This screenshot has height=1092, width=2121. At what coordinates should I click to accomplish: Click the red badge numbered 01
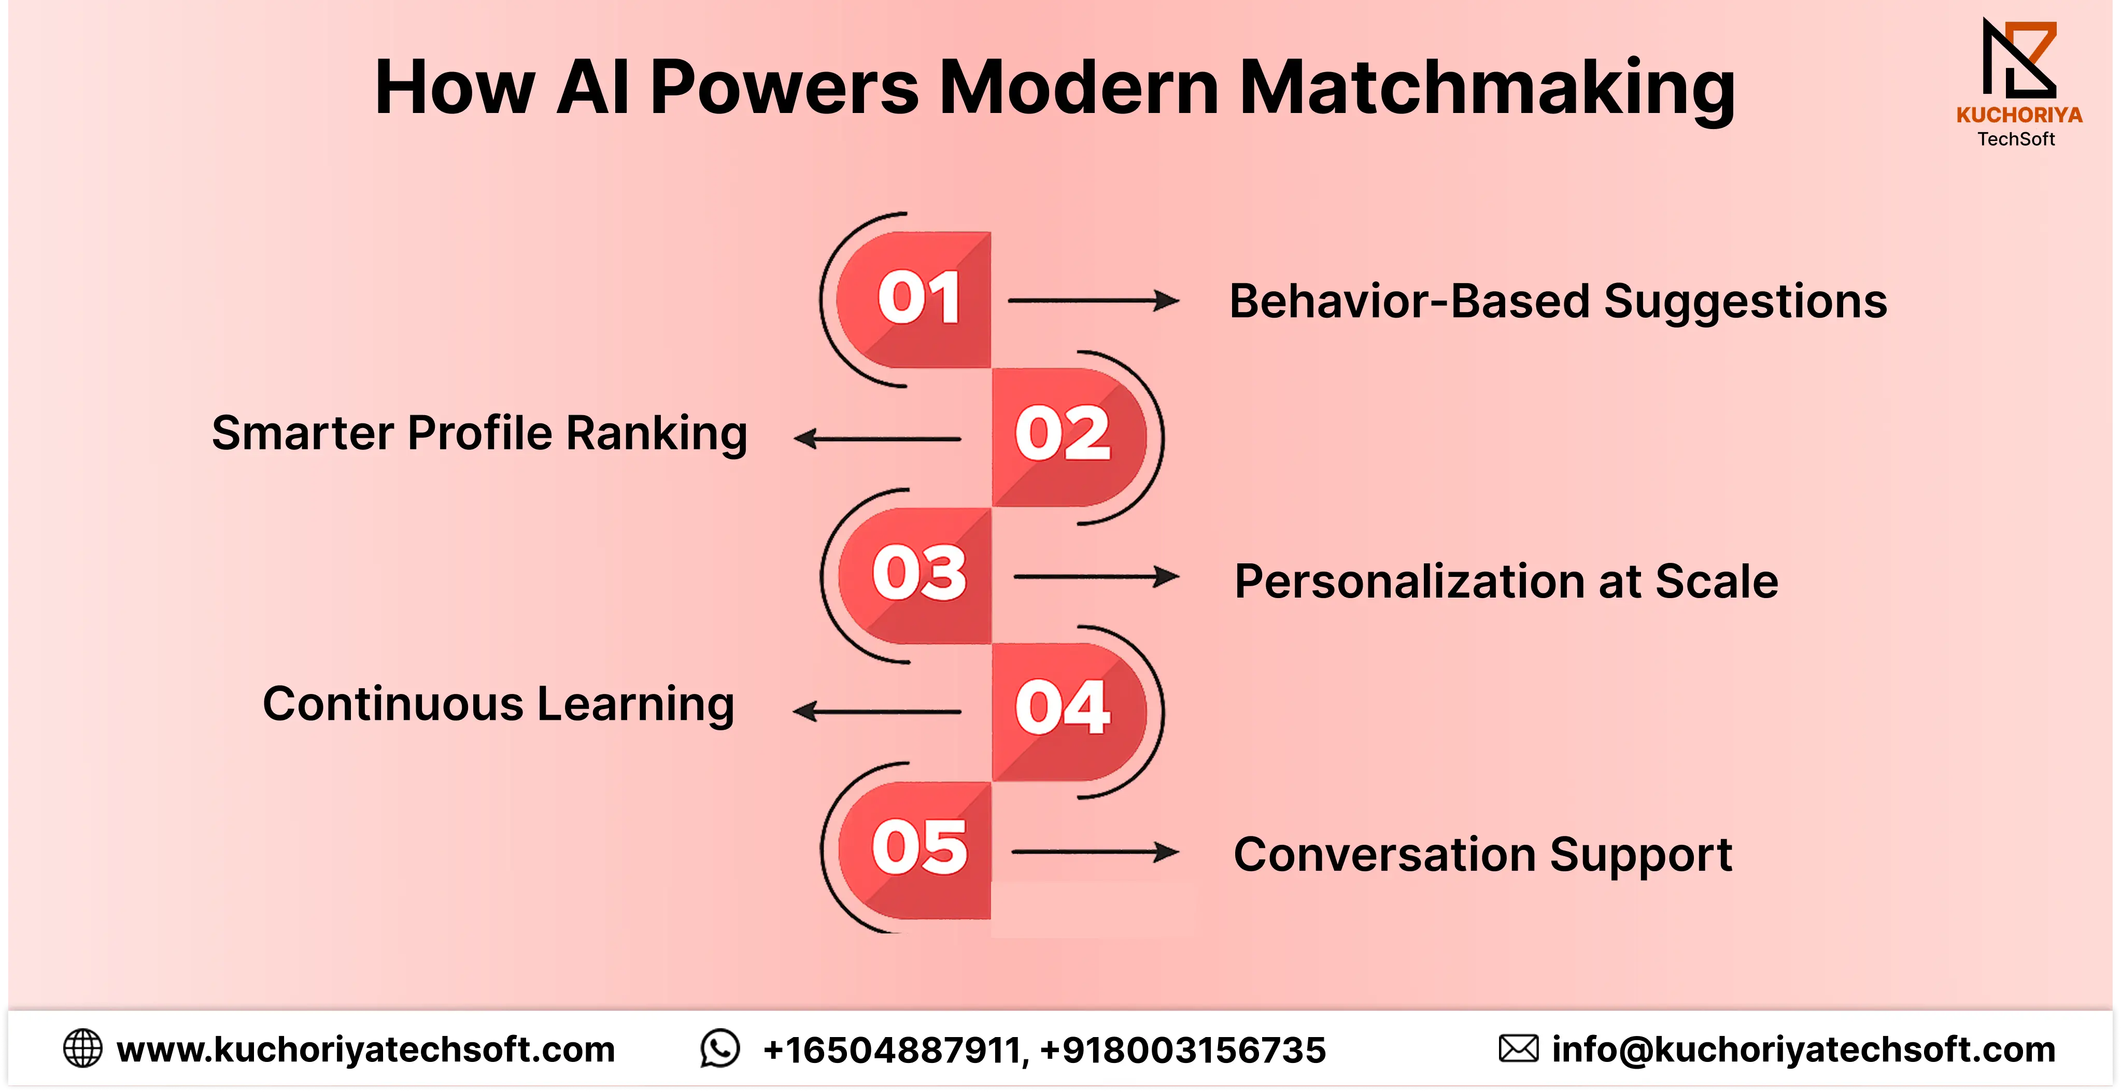click(914, 300)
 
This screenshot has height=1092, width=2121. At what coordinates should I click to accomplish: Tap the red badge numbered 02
click(1069, 437)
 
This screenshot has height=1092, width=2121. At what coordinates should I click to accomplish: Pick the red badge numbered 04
click(1069, 712)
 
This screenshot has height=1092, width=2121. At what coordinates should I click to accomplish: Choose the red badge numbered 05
click(914, 850)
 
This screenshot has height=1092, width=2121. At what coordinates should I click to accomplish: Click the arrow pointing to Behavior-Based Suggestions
click(1094, 301)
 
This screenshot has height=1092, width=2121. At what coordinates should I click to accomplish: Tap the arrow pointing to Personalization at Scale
click(1096, 576)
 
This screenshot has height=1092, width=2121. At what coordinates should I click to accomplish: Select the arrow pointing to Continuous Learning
click(877, 711)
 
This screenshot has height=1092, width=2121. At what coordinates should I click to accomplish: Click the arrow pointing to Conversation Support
click(1095, 853)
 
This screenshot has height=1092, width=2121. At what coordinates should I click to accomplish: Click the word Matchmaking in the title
click(1487, 89)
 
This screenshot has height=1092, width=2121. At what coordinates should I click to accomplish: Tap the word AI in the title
click(593, 87)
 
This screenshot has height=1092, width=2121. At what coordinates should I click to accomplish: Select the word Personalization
click(1410, 582)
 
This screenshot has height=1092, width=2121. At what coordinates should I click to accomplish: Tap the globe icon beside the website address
click(82, 1048)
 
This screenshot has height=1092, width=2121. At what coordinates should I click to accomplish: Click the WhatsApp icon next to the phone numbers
click(719, 1048)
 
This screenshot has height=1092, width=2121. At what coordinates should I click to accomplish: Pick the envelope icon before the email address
click(1518, 1048)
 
